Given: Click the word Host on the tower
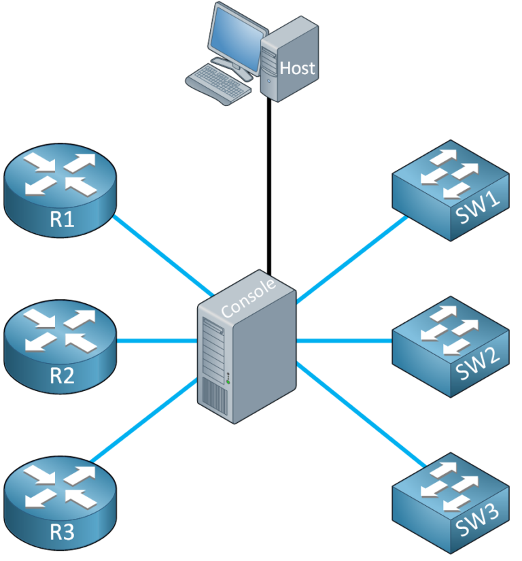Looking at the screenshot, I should point(298,68).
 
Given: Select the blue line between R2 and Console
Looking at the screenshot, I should point(156,340).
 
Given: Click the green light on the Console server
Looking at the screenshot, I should point(229,381).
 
